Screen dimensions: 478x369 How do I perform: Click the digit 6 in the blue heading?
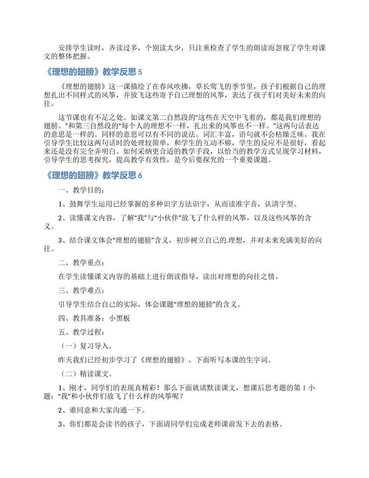[x=140, y=176]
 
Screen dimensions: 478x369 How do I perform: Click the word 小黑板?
[x=120, y=318]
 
